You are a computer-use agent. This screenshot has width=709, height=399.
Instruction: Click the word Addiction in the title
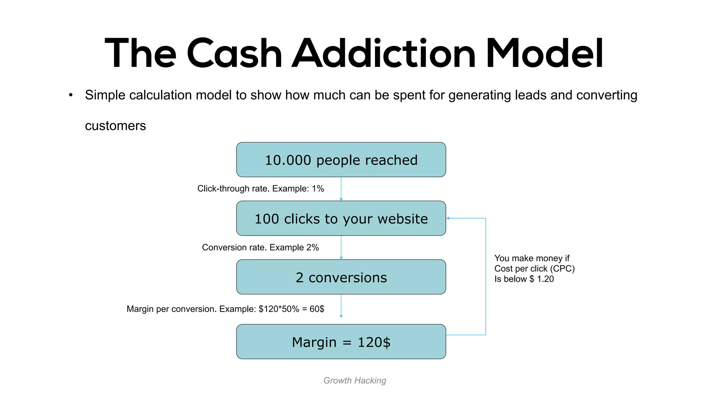click(384, 54)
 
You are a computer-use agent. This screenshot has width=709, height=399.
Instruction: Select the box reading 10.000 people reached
click(341, 160)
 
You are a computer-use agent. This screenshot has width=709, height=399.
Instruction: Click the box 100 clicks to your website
click(341, 219)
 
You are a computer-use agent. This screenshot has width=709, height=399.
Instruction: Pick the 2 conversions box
click(341, 277)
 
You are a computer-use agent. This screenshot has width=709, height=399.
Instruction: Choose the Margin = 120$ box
click(341, 342)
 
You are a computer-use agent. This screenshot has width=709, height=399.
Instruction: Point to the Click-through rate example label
click(260, 189)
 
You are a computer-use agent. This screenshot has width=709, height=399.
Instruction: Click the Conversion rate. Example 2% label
click(260, 248)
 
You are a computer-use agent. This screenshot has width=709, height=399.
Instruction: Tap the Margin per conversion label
click(225, 309)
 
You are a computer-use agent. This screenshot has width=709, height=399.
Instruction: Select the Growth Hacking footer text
click(354, 380)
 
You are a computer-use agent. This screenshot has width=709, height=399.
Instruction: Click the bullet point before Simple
click(71, 95)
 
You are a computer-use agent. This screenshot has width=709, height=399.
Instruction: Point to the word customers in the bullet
click(115, 126)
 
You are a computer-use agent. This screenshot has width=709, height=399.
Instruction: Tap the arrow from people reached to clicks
click(341, 189)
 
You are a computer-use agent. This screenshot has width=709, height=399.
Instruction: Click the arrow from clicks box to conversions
click(341, 248)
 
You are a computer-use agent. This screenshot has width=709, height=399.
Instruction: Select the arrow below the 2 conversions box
click(341, 306)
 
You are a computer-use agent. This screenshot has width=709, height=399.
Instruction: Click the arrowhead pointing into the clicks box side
click(448, 218)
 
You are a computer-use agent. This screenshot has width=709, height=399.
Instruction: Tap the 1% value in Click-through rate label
click(318, 189)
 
